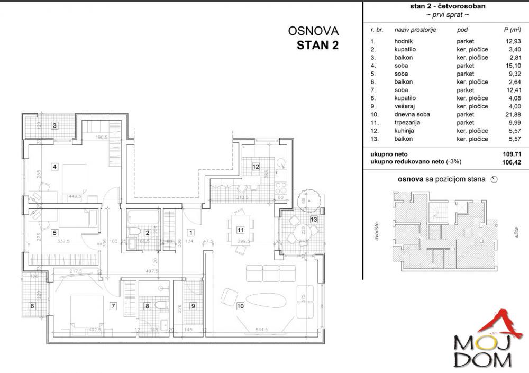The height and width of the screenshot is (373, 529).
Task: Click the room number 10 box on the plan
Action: (x=240, y=305)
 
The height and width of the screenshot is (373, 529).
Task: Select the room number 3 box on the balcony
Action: (x=54, y=125)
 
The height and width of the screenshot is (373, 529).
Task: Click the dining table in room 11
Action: (x=241, y=230)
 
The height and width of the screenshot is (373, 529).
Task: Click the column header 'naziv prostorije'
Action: (x=415, y=31)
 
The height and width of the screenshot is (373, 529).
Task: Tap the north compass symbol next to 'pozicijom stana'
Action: (x=495, y=179)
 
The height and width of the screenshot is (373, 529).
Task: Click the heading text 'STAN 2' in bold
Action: (x=317, y=45)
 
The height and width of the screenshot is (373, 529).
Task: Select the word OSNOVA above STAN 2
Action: (x=313, y=31)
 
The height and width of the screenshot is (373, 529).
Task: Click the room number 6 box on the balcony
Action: (x=32, y=306)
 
